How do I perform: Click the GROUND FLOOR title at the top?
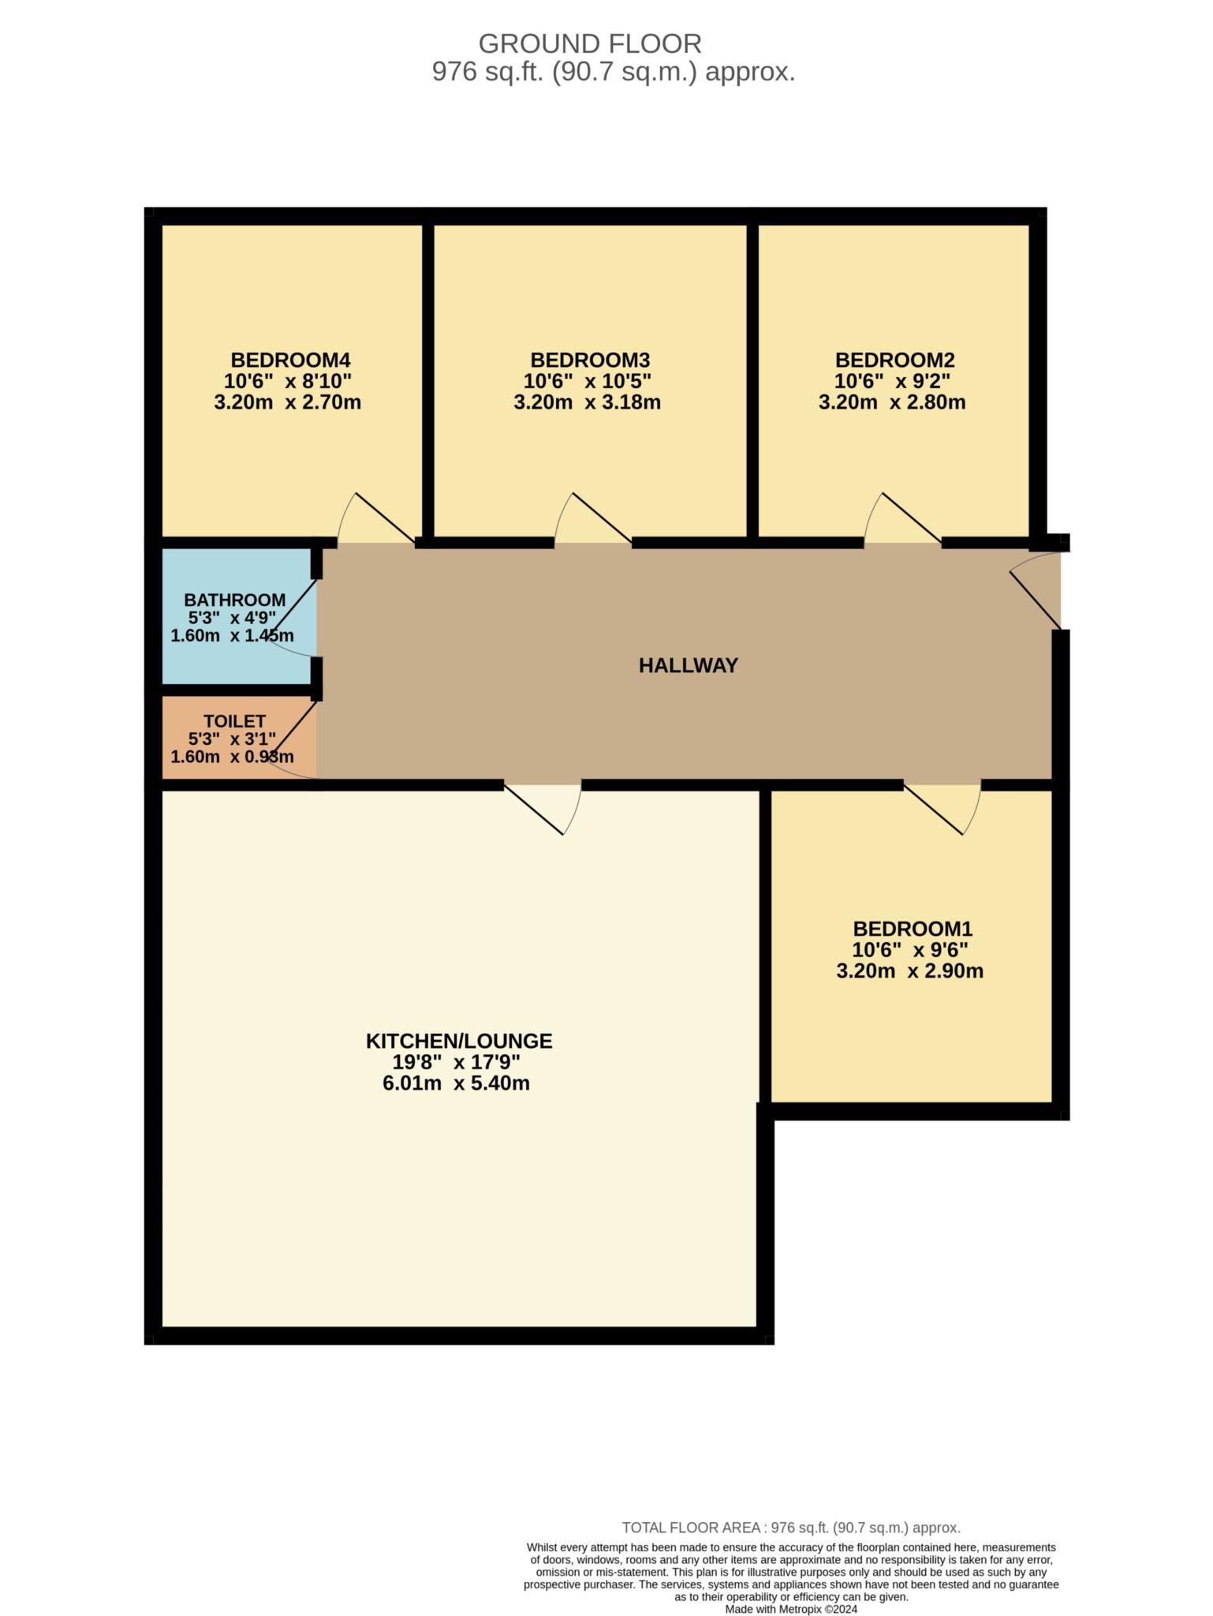tap(589, 43)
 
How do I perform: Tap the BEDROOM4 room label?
tap(290, 360)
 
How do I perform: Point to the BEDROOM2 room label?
tap(894, 360)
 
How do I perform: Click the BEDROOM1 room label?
tap(913, 928)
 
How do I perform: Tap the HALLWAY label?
tap(688, 665)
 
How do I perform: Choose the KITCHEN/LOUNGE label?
tap(459, 1041)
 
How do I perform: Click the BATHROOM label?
tap(234, 600)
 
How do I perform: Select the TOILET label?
tap(234, 720)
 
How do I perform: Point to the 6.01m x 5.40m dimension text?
tap(456, 1083)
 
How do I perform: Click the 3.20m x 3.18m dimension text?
tap(587, 402)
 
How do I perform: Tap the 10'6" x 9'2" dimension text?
tap(892, 381)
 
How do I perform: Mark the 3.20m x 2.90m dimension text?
tap(909, 971)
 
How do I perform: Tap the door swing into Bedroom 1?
tap(946, 808)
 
